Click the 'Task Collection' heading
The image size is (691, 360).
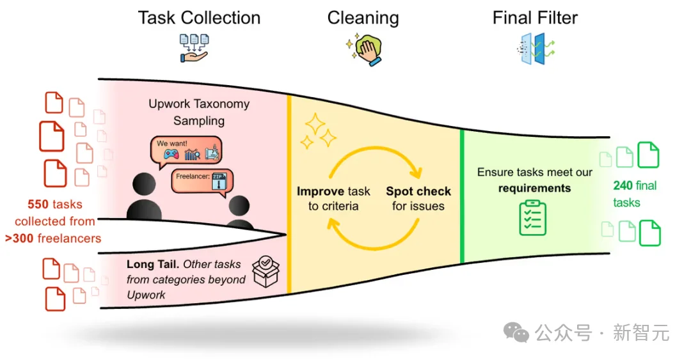(x=199, y=18)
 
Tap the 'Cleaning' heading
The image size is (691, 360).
(x=363, y=19)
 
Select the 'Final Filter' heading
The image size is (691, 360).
(x=535, y=18)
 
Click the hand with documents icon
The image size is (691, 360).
(x=194, y=48)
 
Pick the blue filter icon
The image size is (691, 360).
(x=536, y=49)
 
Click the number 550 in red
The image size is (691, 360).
(x=38, y=205)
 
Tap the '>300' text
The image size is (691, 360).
(x=19, y=239)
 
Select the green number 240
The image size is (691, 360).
(x=623, y=185)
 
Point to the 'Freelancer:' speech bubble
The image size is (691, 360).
(x=202, y=182)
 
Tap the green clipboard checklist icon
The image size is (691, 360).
(x=533, y=218)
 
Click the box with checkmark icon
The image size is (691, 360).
(x=266, y=271)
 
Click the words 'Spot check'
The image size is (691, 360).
(x=418, y=191)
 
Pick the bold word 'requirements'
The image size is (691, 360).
(x=534, y=188)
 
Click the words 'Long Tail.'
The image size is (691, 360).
(x=153, y=264)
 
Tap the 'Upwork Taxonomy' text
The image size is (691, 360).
(x=199, y=104)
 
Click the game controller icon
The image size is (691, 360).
(x=171, y=154)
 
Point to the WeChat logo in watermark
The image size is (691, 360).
(x=516, y=332)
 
